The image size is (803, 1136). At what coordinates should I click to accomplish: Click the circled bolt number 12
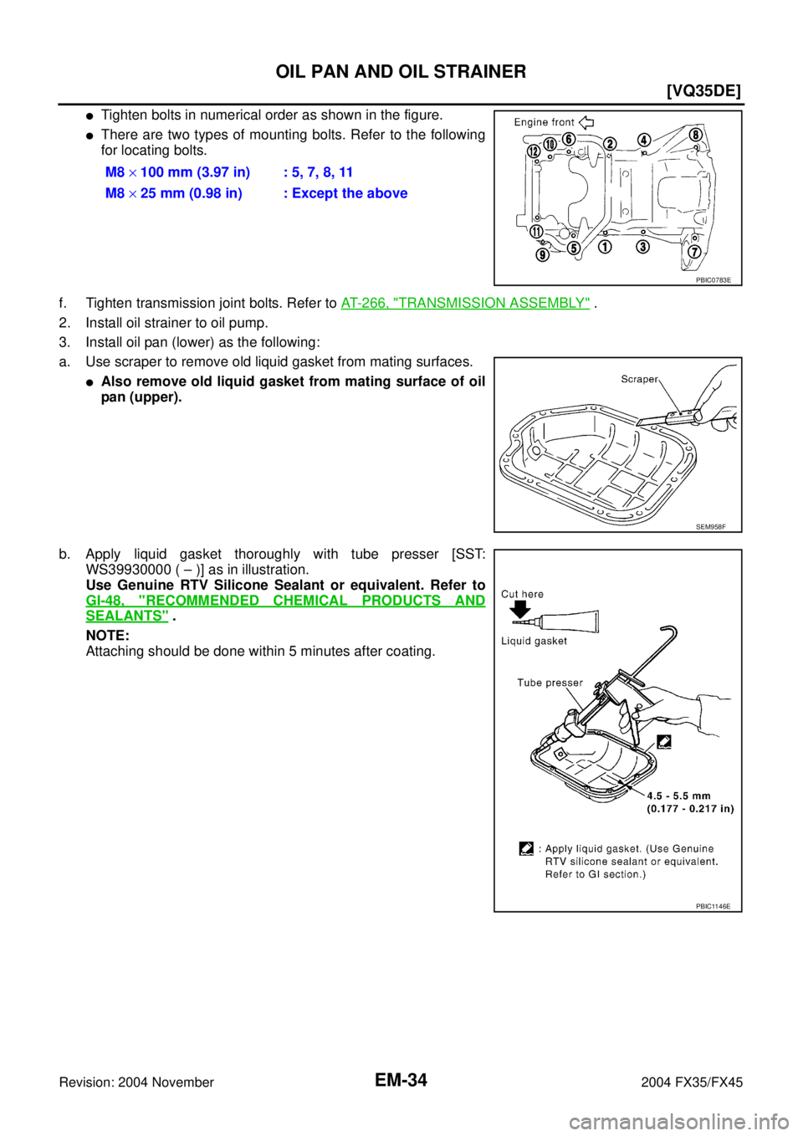coord(533,151)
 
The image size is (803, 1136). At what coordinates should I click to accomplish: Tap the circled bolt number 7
coord(693,252)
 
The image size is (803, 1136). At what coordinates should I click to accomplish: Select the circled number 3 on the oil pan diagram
coord(642,247)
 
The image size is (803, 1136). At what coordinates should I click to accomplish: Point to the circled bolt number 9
coord(543,255)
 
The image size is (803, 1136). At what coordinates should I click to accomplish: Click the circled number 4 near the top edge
coord(644,140)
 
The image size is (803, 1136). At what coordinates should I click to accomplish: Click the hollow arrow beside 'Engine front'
coord(586,122)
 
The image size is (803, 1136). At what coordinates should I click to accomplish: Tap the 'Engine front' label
coord(544,122)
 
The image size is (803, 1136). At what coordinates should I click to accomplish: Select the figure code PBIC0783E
coord(713,280)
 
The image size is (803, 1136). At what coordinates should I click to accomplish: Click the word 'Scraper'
coord(639,379)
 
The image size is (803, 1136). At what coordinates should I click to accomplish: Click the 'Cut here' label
coord(522,594)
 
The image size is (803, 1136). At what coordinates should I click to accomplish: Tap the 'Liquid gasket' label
coord(534,641)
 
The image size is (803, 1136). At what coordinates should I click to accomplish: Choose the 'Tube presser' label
coord(550,683)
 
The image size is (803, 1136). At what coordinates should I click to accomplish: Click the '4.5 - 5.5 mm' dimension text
coord(678,796)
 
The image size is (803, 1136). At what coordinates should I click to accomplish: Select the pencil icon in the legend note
coord(526,848)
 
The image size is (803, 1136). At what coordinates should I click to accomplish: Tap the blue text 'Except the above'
coord(350,193)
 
